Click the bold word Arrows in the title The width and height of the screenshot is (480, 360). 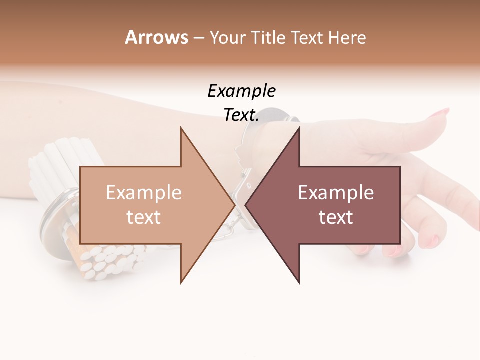point(156,37)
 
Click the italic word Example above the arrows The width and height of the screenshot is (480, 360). point(241,91)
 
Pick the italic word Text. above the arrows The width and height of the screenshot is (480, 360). point(241,115)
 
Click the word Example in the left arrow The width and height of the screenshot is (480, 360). point(144,192)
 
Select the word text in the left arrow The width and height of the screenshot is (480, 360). point(144,217)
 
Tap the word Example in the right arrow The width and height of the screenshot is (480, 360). point(336,192)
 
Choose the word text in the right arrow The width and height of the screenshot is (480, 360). point(336,217)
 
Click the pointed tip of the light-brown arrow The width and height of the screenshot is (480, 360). point(234,205)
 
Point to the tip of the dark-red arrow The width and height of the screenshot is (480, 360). point(246,205)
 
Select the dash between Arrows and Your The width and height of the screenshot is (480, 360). point(198,38)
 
